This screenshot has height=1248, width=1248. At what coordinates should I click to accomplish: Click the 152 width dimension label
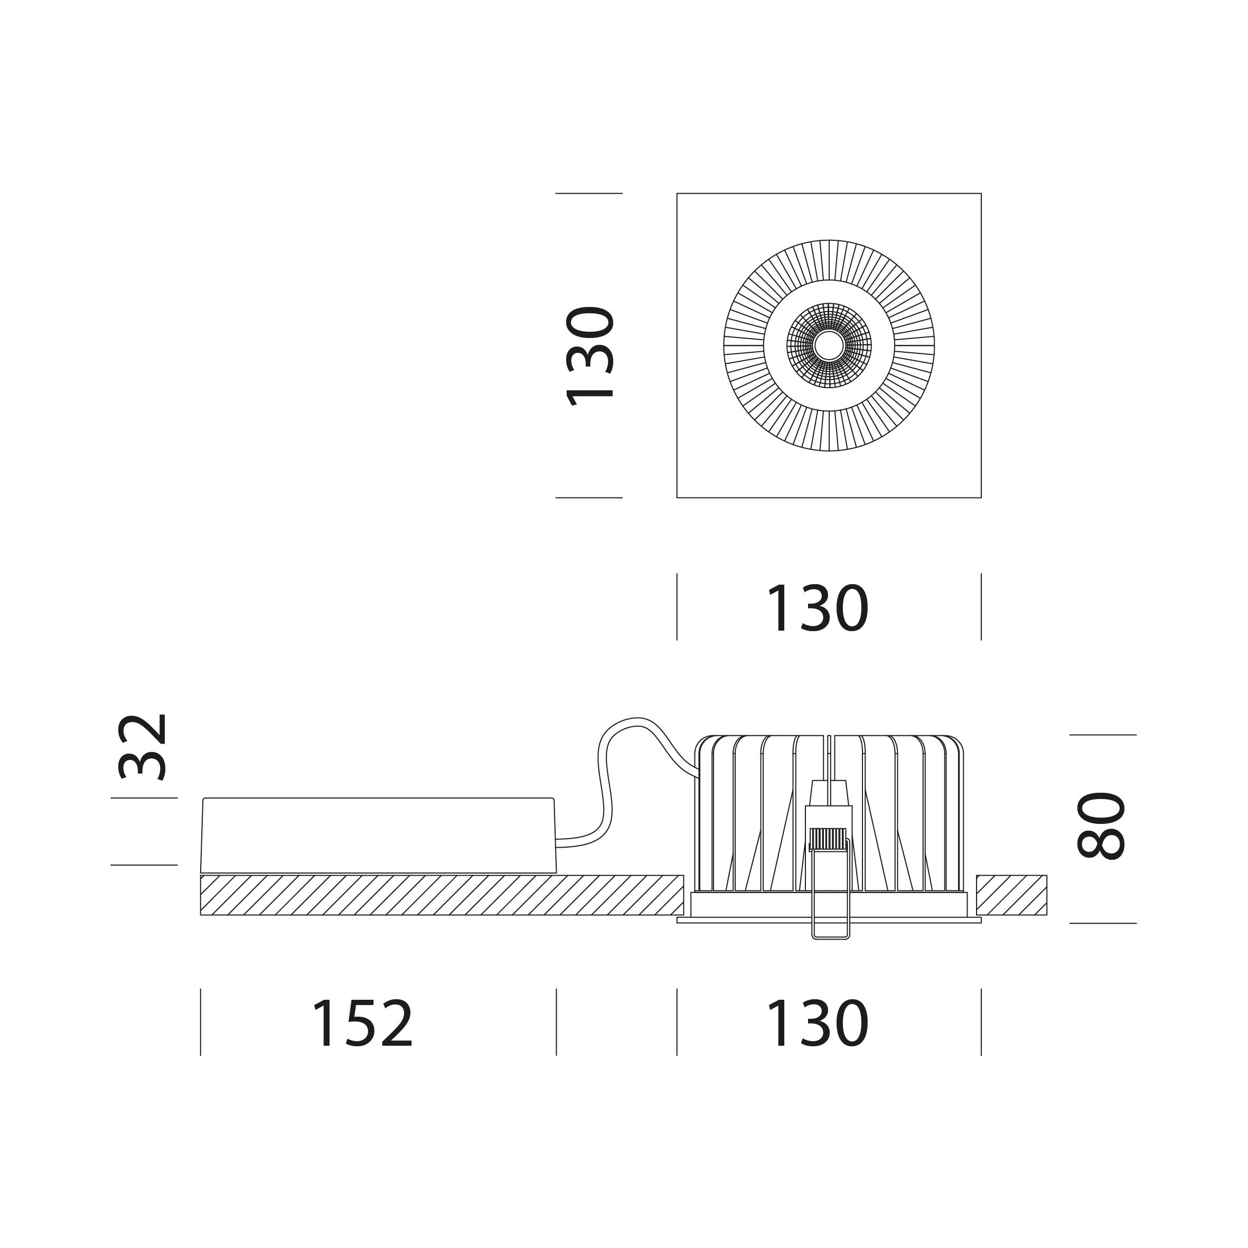[362, 1024]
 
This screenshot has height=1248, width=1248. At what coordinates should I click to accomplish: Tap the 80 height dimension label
[1101, 825]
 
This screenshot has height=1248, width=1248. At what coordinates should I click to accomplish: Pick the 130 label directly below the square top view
[817, 607]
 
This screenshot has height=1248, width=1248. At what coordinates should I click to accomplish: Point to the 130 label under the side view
[817, 1024]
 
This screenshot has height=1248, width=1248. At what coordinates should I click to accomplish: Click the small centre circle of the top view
[829, 345]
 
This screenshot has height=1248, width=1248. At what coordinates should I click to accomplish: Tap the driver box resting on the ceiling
[379, 835]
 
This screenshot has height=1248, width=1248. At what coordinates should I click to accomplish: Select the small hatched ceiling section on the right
[1011, 895]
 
